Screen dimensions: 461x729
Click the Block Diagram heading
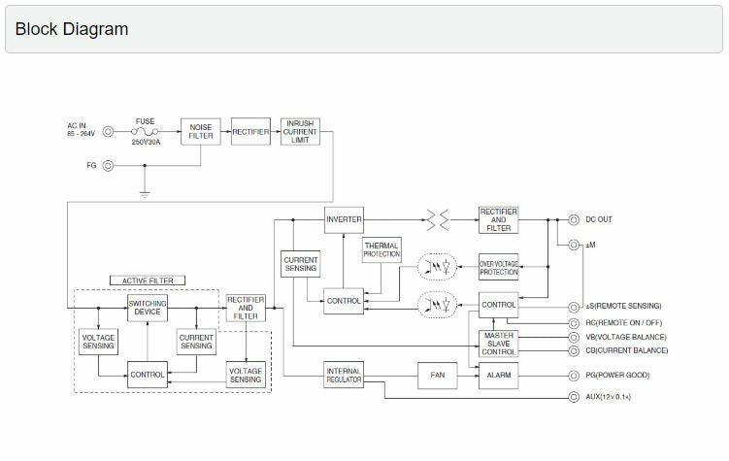(72, 29)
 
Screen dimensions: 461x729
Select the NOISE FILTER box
(201, 132)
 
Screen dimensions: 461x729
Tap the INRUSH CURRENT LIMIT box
(300, 132)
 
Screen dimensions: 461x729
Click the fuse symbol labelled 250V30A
(146, 132)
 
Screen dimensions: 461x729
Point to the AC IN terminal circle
(108, 132)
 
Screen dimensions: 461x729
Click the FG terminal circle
(108, 165)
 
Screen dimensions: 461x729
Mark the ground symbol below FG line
(145, 194)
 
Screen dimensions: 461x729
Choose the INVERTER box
(344, 219)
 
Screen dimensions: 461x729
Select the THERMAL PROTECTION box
(381, 250)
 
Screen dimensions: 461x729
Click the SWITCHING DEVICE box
(148, 308)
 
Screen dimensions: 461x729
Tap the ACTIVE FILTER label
(148, 281)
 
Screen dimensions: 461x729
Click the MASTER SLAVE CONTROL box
(499, 344)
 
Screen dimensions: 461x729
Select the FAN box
(437, 375)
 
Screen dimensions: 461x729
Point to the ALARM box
(499, 375)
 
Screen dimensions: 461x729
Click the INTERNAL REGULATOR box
(344, 375)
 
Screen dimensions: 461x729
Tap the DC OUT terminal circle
(574, 220)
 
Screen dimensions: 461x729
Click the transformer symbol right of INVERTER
(439, 220)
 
